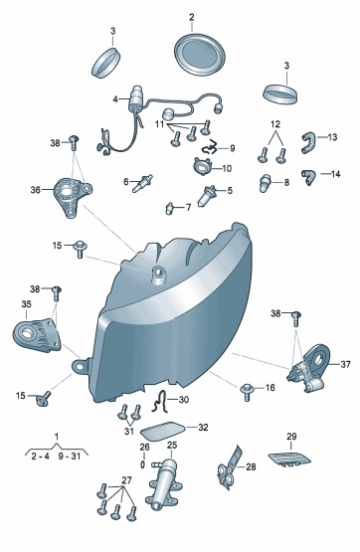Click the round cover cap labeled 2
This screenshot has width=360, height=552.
pos(200,54)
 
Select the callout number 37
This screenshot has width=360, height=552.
pos(345,364)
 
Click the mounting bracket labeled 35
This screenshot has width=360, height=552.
pos(36,335)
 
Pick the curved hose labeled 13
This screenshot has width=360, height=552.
pos(308,141)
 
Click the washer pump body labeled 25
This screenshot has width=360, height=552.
pos(164,484)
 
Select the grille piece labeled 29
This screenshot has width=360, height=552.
pos(289,460)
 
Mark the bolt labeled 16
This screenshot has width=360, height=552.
pos(247,392)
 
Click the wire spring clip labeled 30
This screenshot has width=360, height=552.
pos(160,402)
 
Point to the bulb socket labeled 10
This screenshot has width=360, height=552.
pos(202,165)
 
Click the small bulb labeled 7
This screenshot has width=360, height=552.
pos(169,208)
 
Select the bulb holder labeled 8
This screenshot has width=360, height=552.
pos(265,183)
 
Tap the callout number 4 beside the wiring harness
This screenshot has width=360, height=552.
pos(115,99)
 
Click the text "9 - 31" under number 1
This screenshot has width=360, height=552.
pos(70,457)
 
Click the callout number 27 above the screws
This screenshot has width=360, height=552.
pos(126,480)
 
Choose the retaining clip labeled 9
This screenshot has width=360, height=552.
pos(211,147)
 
